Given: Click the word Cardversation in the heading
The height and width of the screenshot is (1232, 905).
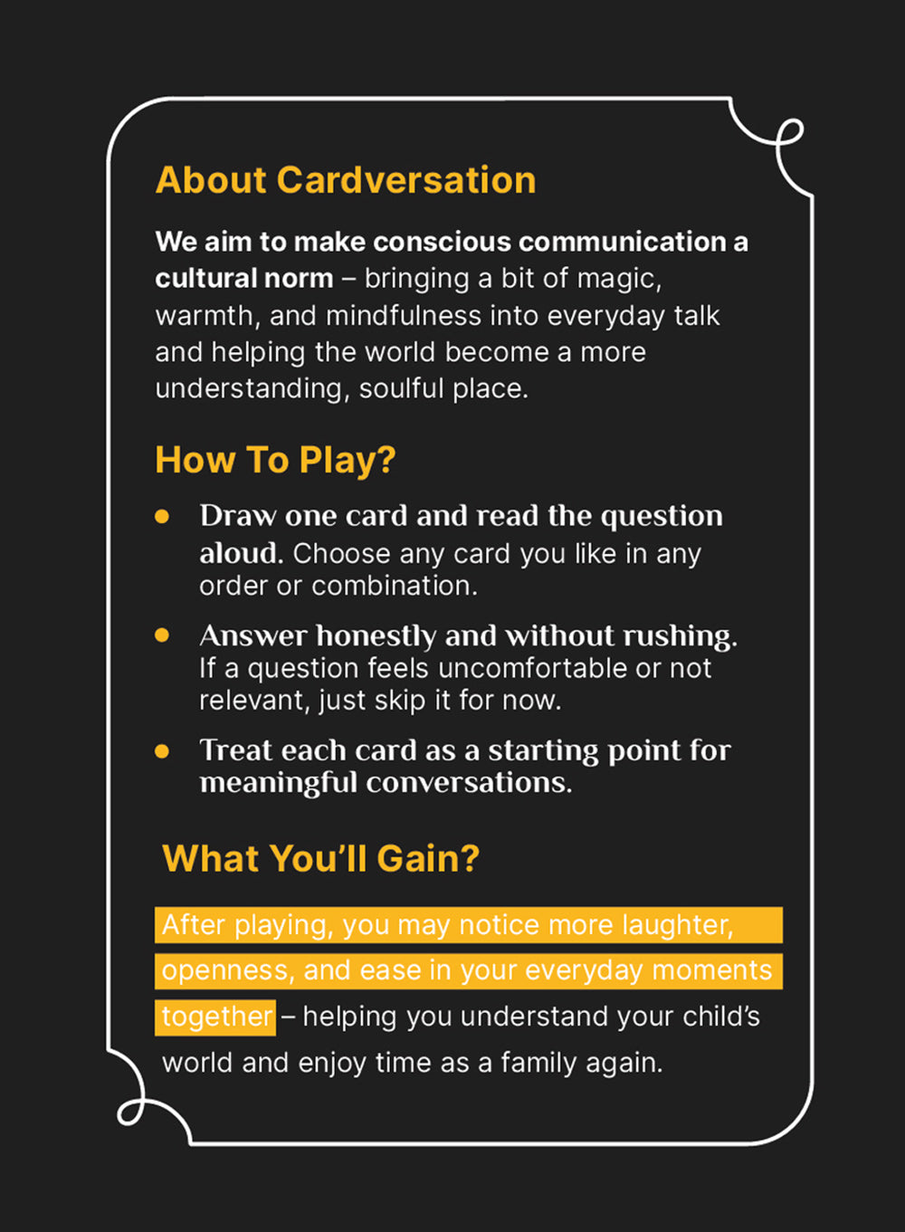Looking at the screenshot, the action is tap(405, 180).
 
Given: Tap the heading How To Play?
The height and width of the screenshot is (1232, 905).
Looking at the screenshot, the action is tap(275, 460).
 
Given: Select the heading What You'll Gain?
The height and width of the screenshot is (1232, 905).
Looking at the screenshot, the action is tap(321, 858).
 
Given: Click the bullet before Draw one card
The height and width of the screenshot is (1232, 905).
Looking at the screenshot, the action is tap(162, 517).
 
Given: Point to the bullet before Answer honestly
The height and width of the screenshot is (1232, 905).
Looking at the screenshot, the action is tap(162, 635).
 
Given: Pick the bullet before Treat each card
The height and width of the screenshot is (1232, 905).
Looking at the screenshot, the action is tap(162, 751).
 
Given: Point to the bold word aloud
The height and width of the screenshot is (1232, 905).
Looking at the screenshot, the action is tap(242, 553).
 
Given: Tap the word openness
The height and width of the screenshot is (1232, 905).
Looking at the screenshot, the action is tap(224, 971).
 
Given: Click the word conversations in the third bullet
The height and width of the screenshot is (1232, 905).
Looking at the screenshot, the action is tap(469, 782).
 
